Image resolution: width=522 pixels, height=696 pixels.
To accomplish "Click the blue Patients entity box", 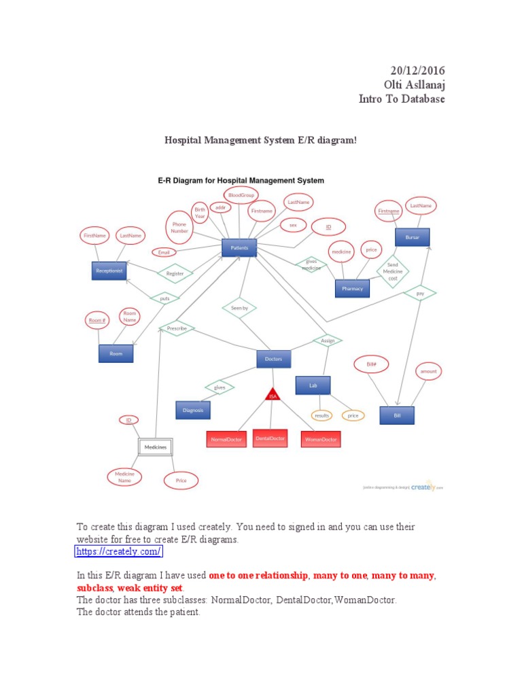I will [x=239, y=248].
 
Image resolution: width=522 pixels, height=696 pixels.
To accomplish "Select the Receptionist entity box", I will [x=109, y=271].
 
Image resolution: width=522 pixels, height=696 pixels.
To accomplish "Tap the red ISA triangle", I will [x=273, y=394].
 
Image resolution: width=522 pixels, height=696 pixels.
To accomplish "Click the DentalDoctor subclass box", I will [x=271, y=438].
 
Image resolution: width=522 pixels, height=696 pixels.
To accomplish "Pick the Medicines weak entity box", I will [x=155, y=447].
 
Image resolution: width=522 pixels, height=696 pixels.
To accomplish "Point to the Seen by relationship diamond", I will [x=239, y=308].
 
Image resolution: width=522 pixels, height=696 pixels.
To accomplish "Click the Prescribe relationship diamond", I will [x=177, y=328].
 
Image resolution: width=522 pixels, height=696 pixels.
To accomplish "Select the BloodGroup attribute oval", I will [x=241, y=196].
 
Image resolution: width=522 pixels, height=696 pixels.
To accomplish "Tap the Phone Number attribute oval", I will [x=179, y=228].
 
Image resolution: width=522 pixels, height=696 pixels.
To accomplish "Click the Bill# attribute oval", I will [x=371, y=364].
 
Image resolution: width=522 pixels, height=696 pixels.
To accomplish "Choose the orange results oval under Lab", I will [x=322, y=415].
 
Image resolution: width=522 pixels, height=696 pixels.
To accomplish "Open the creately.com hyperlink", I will [x=118, y=551].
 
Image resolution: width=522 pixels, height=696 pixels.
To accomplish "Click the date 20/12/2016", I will [x=417, y=71].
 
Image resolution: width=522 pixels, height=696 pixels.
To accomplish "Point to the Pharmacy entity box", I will [x=352, y=288].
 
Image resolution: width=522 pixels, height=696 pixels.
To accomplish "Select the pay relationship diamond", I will [x=419, y=293].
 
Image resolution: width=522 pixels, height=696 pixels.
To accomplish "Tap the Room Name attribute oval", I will [x=130, y=316].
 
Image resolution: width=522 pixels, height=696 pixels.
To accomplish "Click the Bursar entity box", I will [x=413, y=238].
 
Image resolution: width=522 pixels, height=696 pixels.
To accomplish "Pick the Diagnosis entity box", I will [x=193, y=410].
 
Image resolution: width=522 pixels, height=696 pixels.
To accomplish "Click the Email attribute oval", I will [x=164, y=252].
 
